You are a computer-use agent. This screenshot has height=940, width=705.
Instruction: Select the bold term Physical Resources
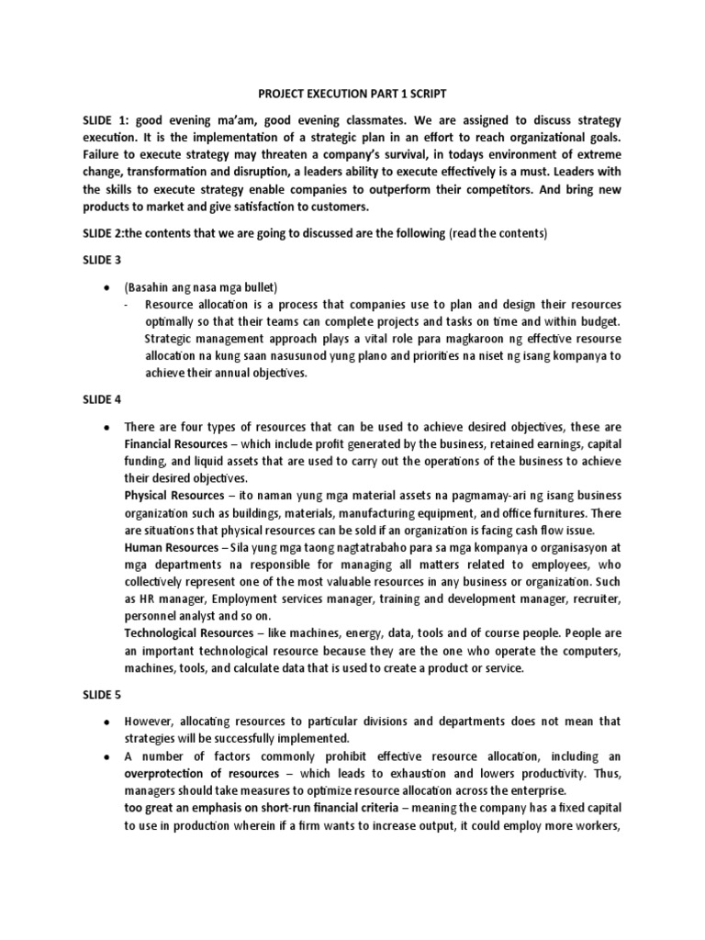(x=172, y=495)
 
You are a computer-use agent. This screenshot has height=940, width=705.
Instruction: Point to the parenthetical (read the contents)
(x=498, y=234)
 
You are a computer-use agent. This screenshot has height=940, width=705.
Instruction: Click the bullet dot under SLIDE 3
(x=107, y=288)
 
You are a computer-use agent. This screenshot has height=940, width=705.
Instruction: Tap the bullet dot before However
(x=107, y=721)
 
